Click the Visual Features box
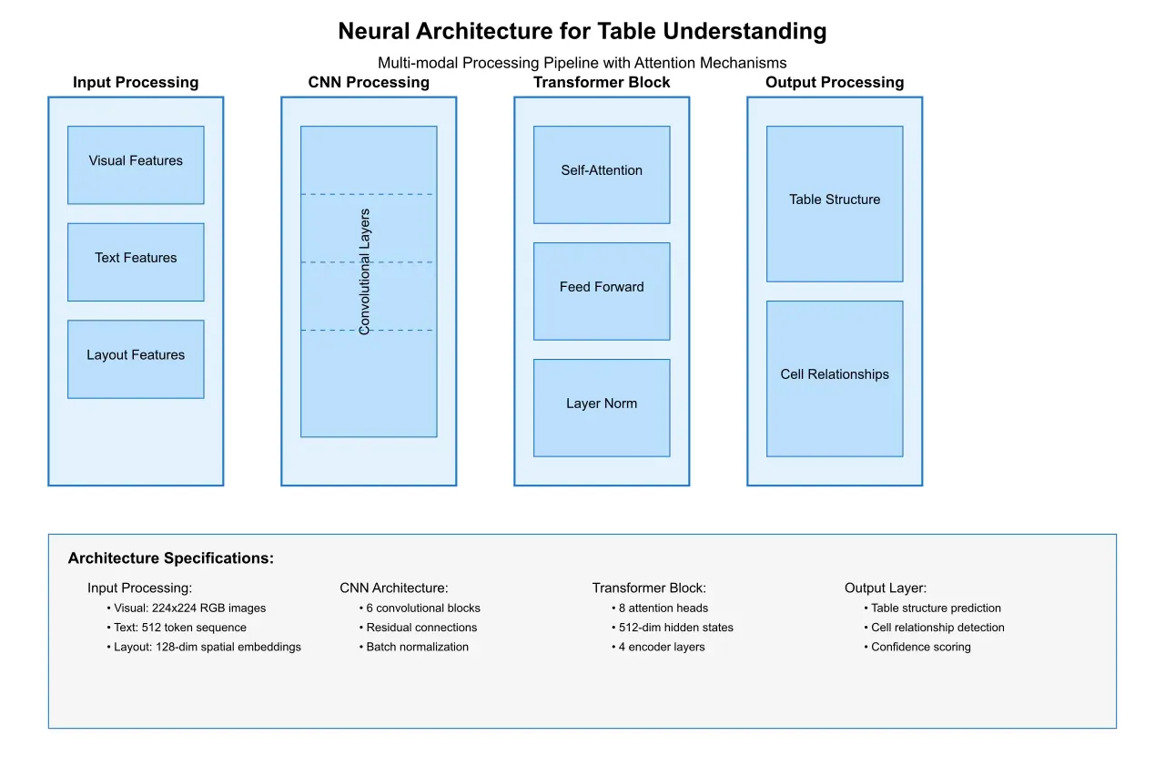136,164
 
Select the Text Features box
136,261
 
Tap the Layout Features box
136,359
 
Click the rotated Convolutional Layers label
365,272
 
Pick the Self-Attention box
602,174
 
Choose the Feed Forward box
602,291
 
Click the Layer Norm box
602,407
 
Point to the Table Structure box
835,203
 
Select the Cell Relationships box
835,378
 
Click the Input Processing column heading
136,83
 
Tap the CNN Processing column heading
369,83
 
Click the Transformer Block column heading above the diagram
602,83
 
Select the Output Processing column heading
835,83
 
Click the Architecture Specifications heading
171,558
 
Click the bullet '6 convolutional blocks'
422,608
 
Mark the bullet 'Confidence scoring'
920,648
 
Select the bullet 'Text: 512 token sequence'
179,628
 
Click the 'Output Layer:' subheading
886,588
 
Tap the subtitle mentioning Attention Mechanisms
582,63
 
